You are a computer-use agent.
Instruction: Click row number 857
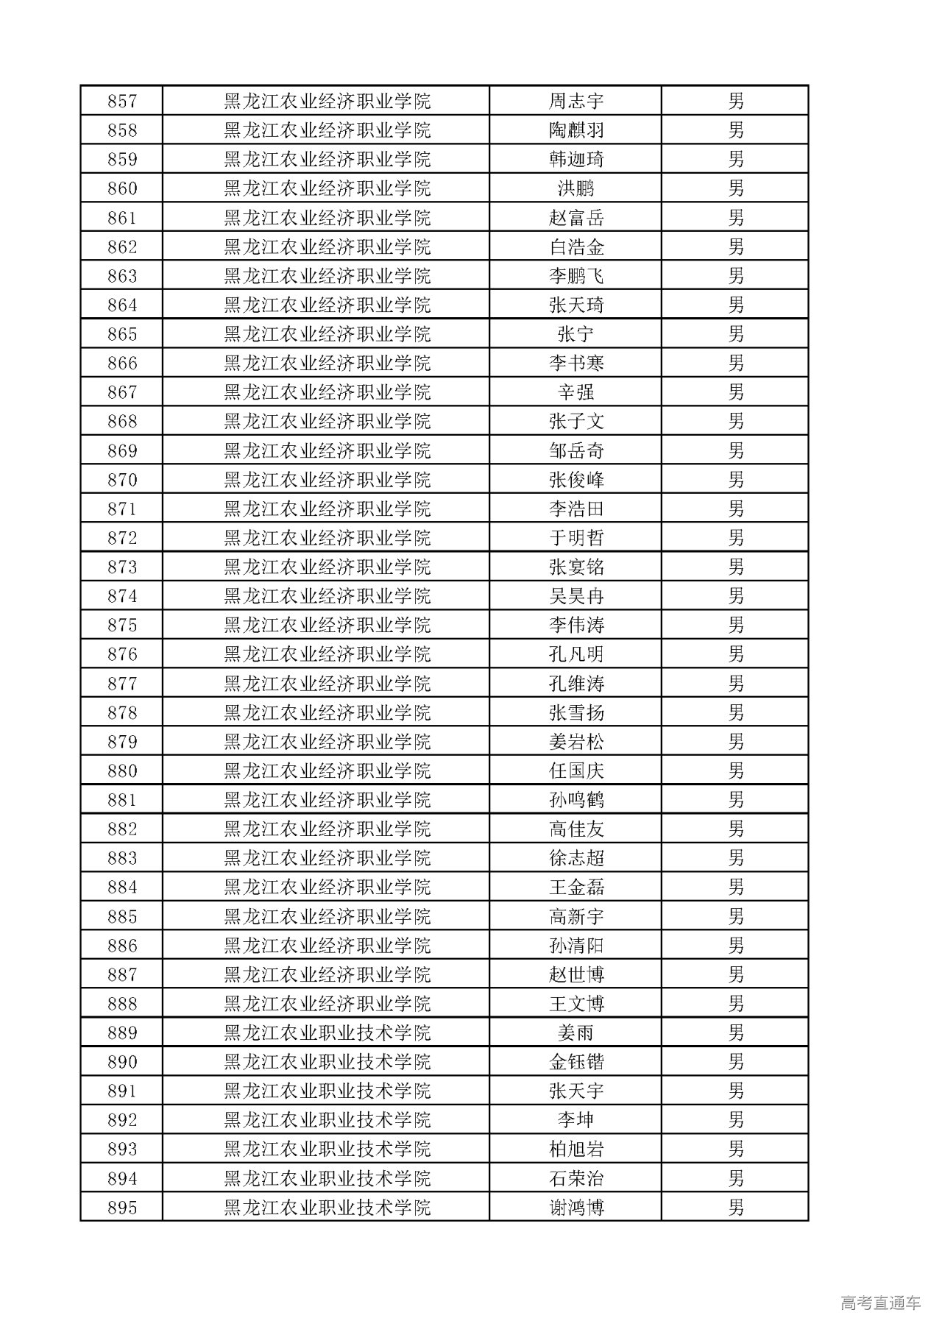click(122, 101)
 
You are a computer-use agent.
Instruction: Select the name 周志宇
click(576, 101)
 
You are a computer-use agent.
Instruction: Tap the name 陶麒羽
click(576, 130)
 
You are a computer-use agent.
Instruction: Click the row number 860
click(122, 188)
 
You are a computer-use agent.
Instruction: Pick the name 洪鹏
click(576, 188)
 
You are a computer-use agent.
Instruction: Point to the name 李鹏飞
click(576, 276)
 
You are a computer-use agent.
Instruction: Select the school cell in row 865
click(327, 334)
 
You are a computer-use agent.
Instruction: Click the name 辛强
click(576, 392)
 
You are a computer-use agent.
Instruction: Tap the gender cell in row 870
click(735, 480)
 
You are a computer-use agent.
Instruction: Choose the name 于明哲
click(576, 538)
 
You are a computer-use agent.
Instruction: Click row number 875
click(122, 626)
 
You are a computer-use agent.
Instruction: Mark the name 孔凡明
click(576, 654)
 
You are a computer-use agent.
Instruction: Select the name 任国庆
click(576, 771)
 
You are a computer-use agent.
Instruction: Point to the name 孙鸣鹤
click(576, 800)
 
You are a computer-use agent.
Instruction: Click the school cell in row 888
click(327, 1004)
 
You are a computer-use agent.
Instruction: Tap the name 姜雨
click(576, 1033)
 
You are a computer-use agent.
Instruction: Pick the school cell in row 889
click(327, 1033)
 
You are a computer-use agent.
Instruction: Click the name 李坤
click(576, 1120)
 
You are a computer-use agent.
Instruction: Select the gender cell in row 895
click(735, 1208)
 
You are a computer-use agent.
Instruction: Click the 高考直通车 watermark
click(880, 1303)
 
